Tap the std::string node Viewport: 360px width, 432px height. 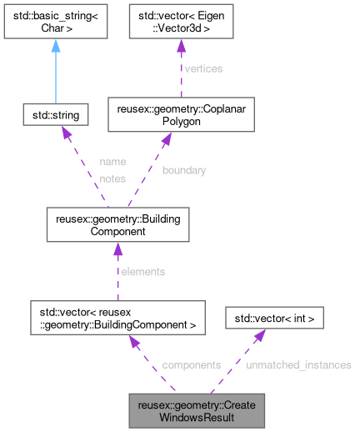coord(56,115)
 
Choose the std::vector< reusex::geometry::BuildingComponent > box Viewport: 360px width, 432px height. coord(117,317)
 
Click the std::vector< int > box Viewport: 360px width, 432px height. coord(275,317)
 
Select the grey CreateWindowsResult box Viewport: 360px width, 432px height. coord(197,409)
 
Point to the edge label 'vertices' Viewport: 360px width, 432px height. coord(202,68)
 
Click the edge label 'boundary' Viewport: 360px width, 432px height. coord(183,170)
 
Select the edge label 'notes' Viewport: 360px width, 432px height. coord(112,178)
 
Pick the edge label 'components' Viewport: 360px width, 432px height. coord(191,364)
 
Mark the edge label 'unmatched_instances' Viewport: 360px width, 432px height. coord(298,364)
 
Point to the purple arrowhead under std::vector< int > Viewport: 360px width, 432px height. coord(260,335)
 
